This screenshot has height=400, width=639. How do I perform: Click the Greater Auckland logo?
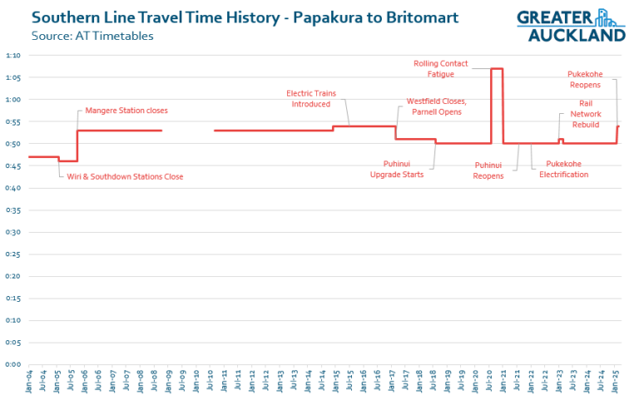(x=571, y=25)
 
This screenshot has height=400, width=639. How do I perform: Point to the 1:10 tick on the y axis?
(x=13, y=55)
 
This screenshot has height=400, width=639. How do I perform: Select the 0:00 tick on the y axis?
(x=13, y=364)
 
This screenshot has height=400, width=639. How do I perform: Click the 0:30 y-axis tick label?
(x=13, y=232)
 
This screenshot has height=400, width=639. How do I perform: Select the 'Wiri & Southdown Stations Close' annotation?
(x=125, y=176)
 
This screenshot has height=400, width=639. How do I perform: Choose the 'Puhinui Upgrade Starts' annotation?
(x=396, y=169)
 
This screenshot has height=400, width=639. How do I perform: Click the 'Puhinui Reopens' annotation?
(x=488, y=170)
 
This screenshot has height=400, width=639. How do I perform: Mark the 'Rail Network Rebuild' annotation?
(x=585, y=113)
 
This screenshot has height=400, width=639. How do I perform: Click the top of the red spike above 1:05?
(x=496, y=69)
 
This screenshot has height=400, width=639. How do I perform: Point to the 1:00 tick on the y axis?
(x=13, y=100)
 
